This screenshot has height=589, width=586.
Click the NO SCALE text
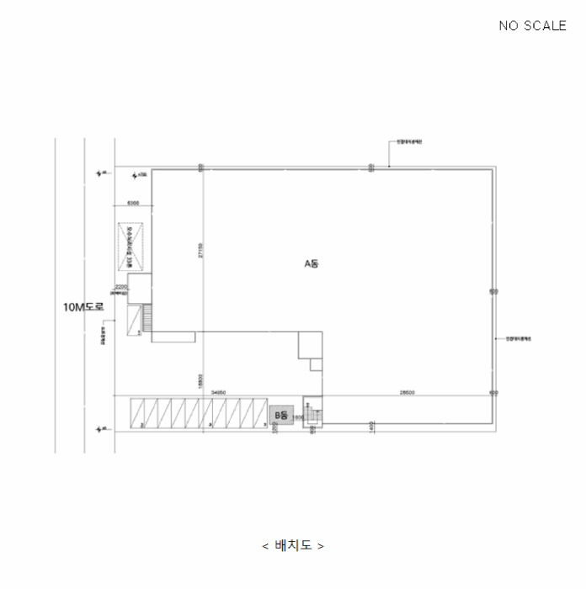(x=532, y=25)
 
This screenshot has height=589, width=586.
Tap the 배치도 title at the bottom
(x=292, y=545)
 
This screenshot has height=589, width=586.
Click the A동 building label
(x=312, y=263)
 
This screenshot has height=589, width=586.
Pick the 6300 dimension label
(x=133, y=204)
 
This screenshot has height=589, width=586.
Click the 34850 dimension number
(x=218, y=392)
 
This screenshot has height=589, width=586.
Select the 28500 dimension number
(x=406, y=392)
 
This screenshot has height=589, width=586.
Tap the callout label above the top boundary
(x=409, y=141)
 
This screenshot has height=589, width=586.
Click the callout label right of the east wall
(x=518, y=338)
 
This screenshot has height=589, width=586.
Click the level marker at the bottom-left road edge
(x=103, y=429)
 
